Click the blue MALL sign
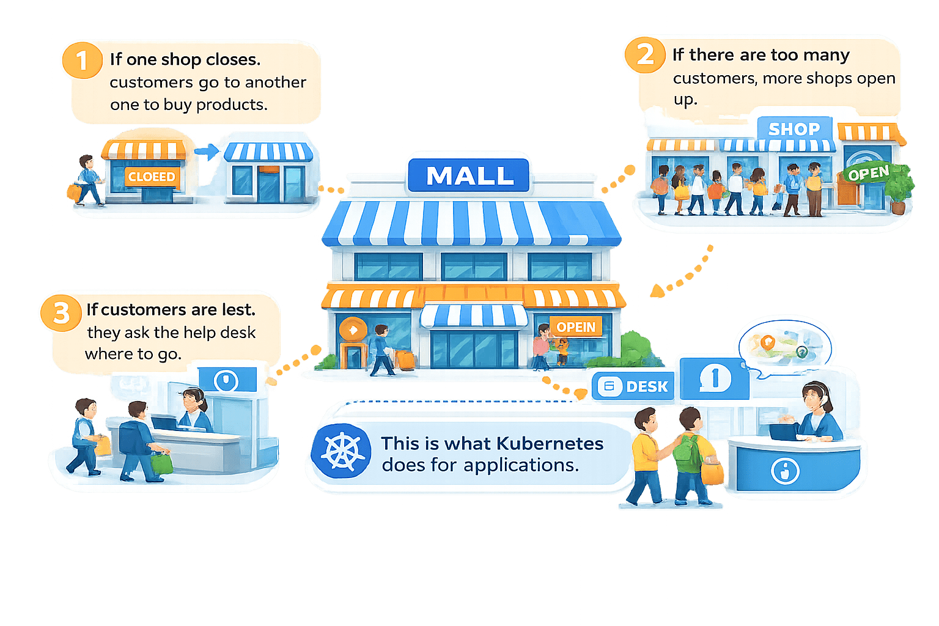pos(469,175)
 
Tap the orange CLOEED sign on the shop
pos(151,177)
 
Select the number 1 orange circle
pos(81,60)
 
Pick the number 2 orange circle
pos(644,54)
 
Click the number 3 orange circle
pos(61,312)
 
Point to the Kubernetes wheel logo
pos(341,452)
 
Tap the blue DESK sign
pos(634,386)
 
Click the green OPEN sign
pos(868,174)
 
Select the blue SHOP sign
pos(794,129)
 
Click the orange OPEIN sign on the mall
pos(575,327)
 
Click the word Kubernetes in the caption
pos(550,443)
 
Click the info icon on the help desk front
pos(785,471)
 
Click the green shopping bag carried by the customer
pos(162,463)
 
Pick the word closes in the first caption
pos(234,59)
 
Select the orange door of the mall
pos(352,355)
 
